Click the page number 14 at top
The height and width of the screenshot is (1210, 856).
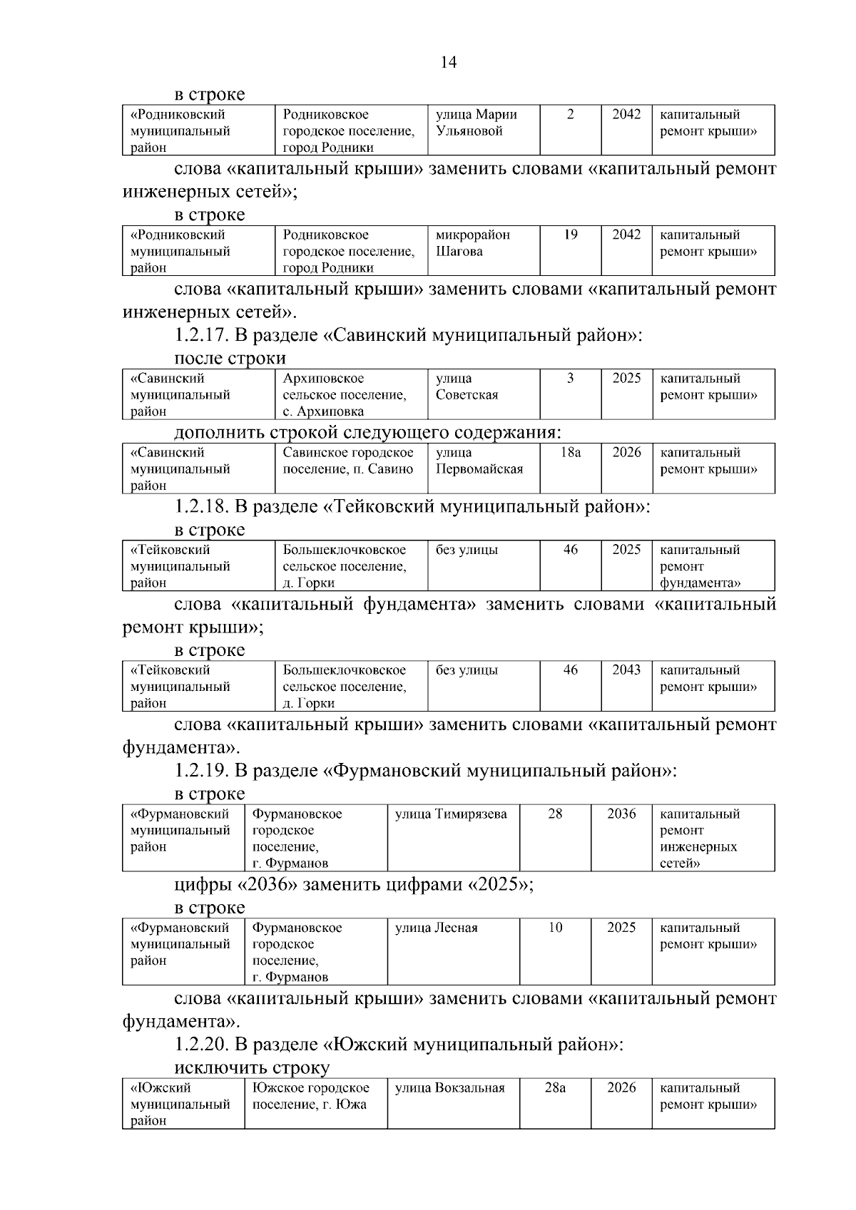449,62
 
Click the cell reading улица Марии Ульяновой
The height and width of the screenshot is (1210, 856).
476,123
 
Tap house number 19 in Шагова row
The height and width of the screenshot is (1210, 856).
570,235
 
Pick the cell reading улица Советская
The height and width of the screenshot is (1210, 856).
467,386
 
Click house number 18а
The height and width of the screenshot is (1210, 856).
570,452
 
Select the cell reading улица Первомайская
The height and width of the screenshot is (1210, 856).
479,461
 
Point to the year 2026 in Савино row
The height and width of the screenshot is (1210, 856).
626,452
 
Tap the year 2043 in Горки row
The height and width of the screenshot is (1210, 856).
626,670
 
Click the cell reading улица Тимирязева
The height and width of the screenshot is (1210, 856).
451,814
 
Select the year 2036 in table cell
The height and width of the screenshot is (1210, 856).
621,814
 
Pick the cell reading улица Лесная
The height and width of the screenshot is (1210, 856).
436,928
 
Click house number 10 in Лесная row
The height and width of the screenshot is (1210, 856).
555,928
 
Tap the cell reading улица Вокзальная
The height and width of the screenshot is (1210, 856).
449,1087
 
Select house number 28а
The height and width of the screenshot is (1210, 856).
555,1087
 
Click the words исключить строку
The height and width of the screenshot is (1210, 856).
252,1067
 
